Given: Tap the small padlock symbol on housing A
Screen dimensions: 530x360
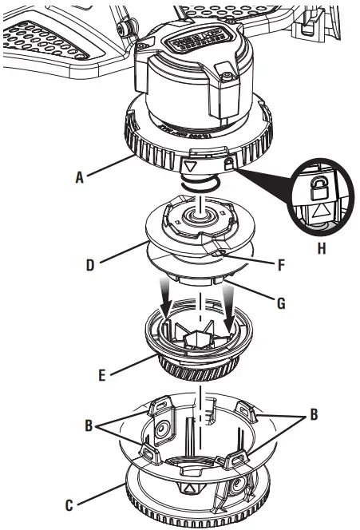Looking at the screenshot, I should [x=228, y=164].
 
